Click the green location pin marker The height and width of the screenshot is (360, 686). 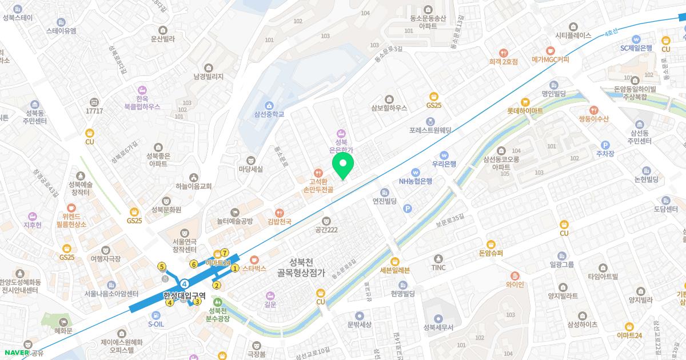(343, 165)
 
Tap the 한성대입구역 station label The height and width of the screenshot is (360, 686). (185, 295)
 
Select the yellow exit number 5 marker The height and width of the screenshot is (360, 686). (162, 266)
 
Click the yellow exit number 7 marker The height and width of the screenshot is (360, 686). (225, 253)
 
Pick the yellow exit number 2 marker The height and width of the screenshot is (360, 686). (217, 285)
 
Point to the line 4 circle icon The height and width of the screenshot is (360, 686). (185, 283)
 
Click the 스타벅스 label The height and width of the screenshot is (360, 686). (254, 268)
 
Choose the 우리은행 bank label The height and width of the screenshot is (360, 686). (444, 163)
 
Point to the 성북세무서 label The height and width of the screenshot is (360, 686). (438, 327)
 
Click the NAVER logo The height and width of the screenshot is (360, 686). (15, 353)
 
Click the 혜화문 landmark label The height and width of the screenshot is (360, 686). (63, 331)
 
